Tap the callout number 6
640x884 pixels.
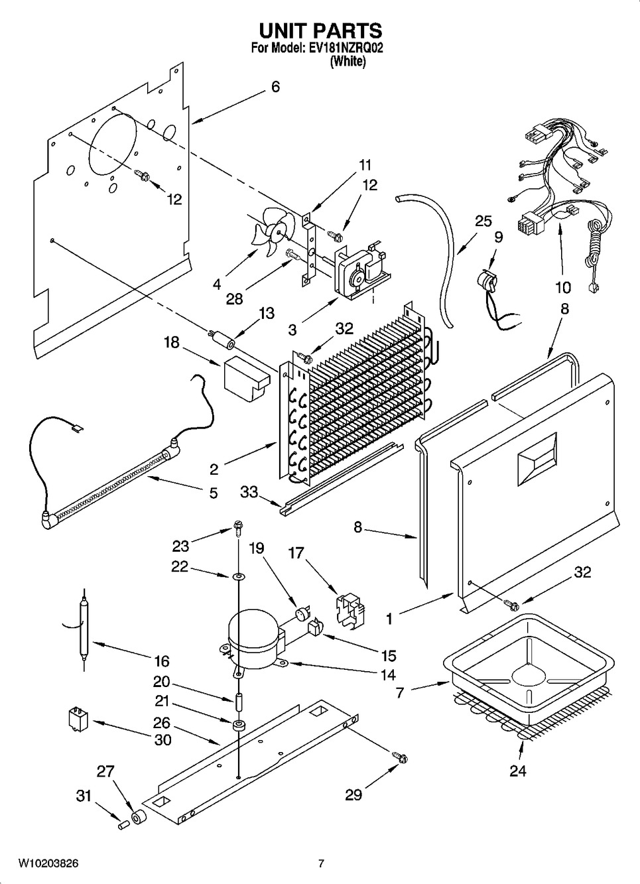pos(275,87)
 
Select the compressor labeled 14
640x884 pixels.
pos(256,641)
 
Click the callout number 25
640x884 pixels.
pos(483,221)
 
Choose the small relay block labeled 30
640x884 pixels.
pos(76,719)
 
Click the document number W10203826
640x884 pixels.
pos(48,863)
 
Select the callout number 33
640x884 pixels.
pos(249,491)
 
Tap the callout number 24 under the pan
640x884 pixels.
pos(517,771)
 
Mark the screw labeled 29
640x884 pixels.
pos(399,757)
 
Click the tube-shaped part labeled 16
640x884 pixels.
pos(85,630)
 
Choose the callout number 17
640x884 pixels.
pos(296,552)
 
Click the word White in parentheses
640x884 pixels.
pos(348,62)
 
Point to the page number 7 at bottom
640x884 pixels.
pos(321,863)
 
